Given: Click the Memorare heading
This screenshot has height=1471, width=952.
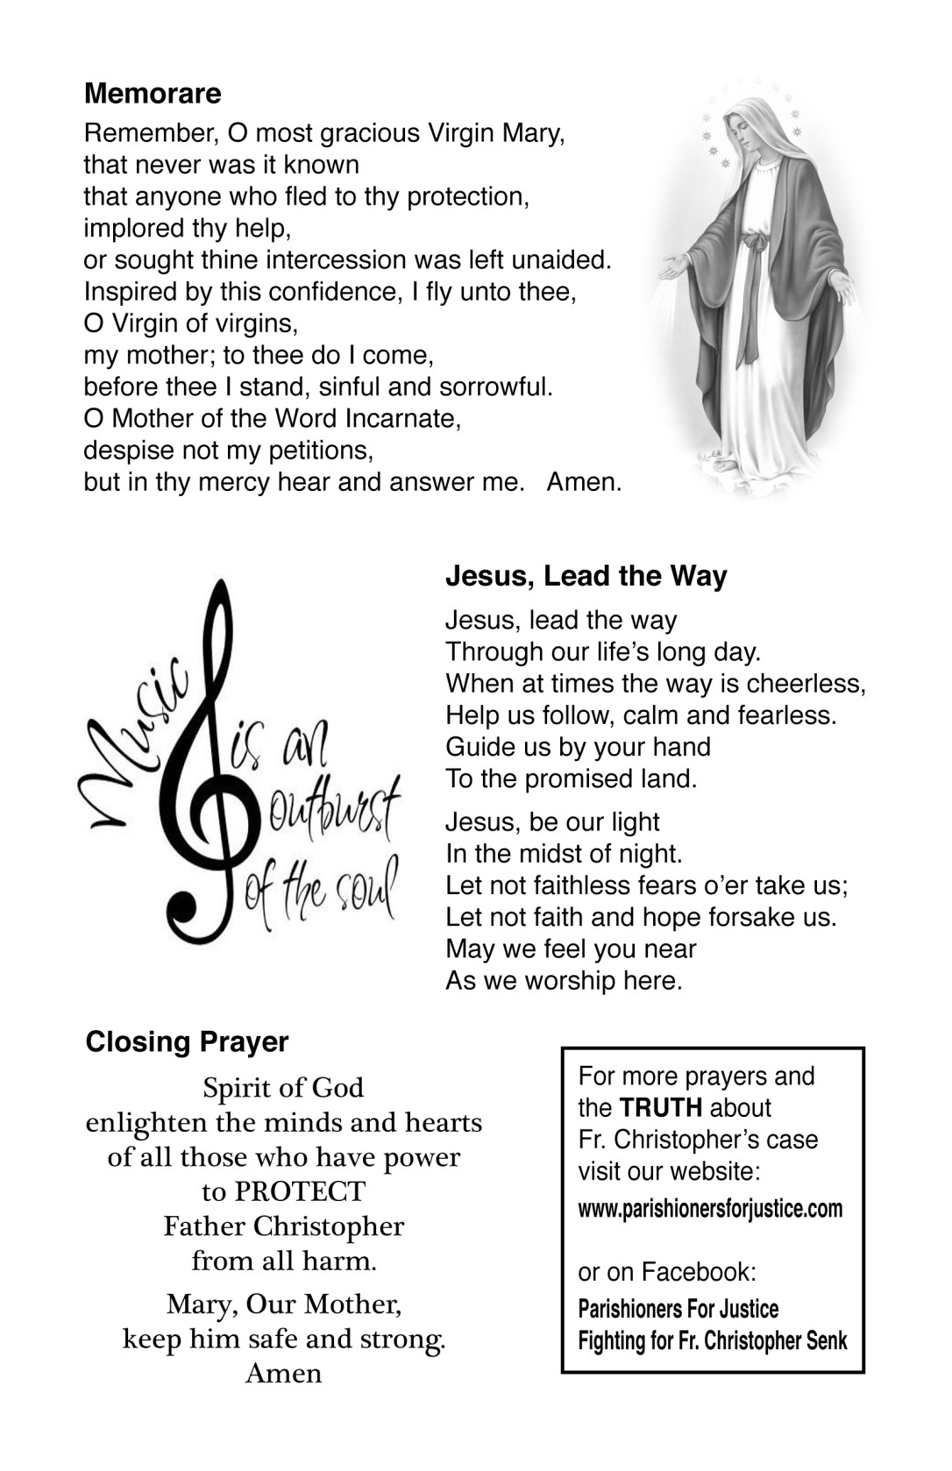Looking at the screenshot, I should pos(153,93).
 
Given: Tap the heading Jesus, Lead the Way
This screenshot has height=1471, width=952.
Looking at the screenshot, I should pos(586,576).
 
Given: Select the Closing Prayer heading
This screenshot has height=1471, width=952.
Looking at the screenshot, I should pos(187,1041).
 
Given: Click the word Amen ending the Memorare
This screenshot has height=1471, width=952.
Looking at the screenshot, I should pos(584,482).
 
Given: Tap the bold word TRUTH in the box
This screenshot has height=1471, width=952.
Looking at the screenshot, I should pos(661,1107).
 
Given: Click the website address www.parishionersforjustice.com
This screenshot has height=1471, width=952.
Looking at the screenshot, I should pos(710,1209).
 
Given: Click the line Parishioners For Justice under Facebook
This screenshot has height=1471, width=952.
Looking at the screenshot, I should pos(678,1310).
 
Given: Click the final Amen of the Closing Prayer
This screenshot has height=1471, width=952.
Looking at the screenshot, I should pos(283,1373).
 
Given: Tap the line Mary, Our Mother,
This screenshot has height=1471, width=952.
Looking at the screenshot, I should pos(284,1304).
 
